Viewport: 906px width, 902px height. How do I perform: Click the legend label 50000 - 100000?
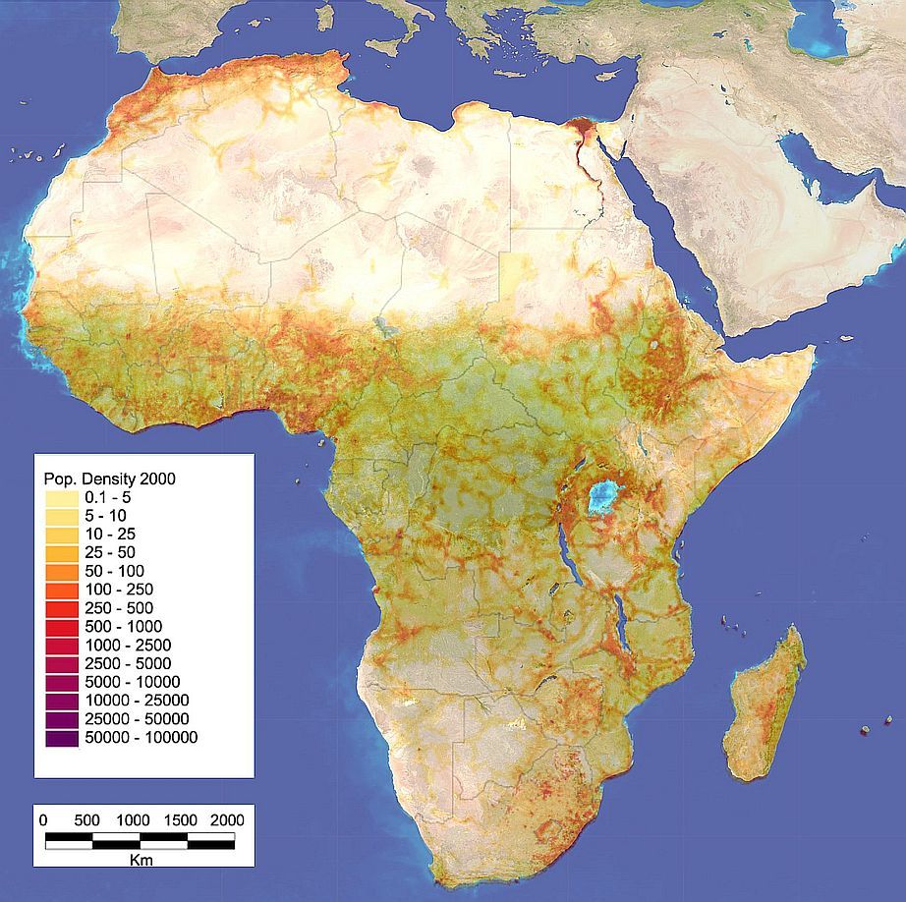pyautogui.click(x=141, y=738)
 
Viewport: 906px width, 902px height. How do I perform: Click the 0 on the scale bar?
pyautogui.click(x=42, y=819)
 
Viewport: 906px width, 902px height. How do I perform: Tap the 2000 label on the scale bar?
pyautogui.click(x=227, y=819)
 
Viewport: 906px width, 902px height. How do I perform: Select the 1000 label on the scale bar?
pyautogui.click(x=134, y=819)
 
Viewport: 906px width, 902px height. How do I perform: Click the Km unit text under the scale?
pyautogui.click(x=140, y=858)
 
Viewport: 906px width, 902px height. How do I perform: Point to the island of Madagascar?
pyautogui.click(x=763, y=704)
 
